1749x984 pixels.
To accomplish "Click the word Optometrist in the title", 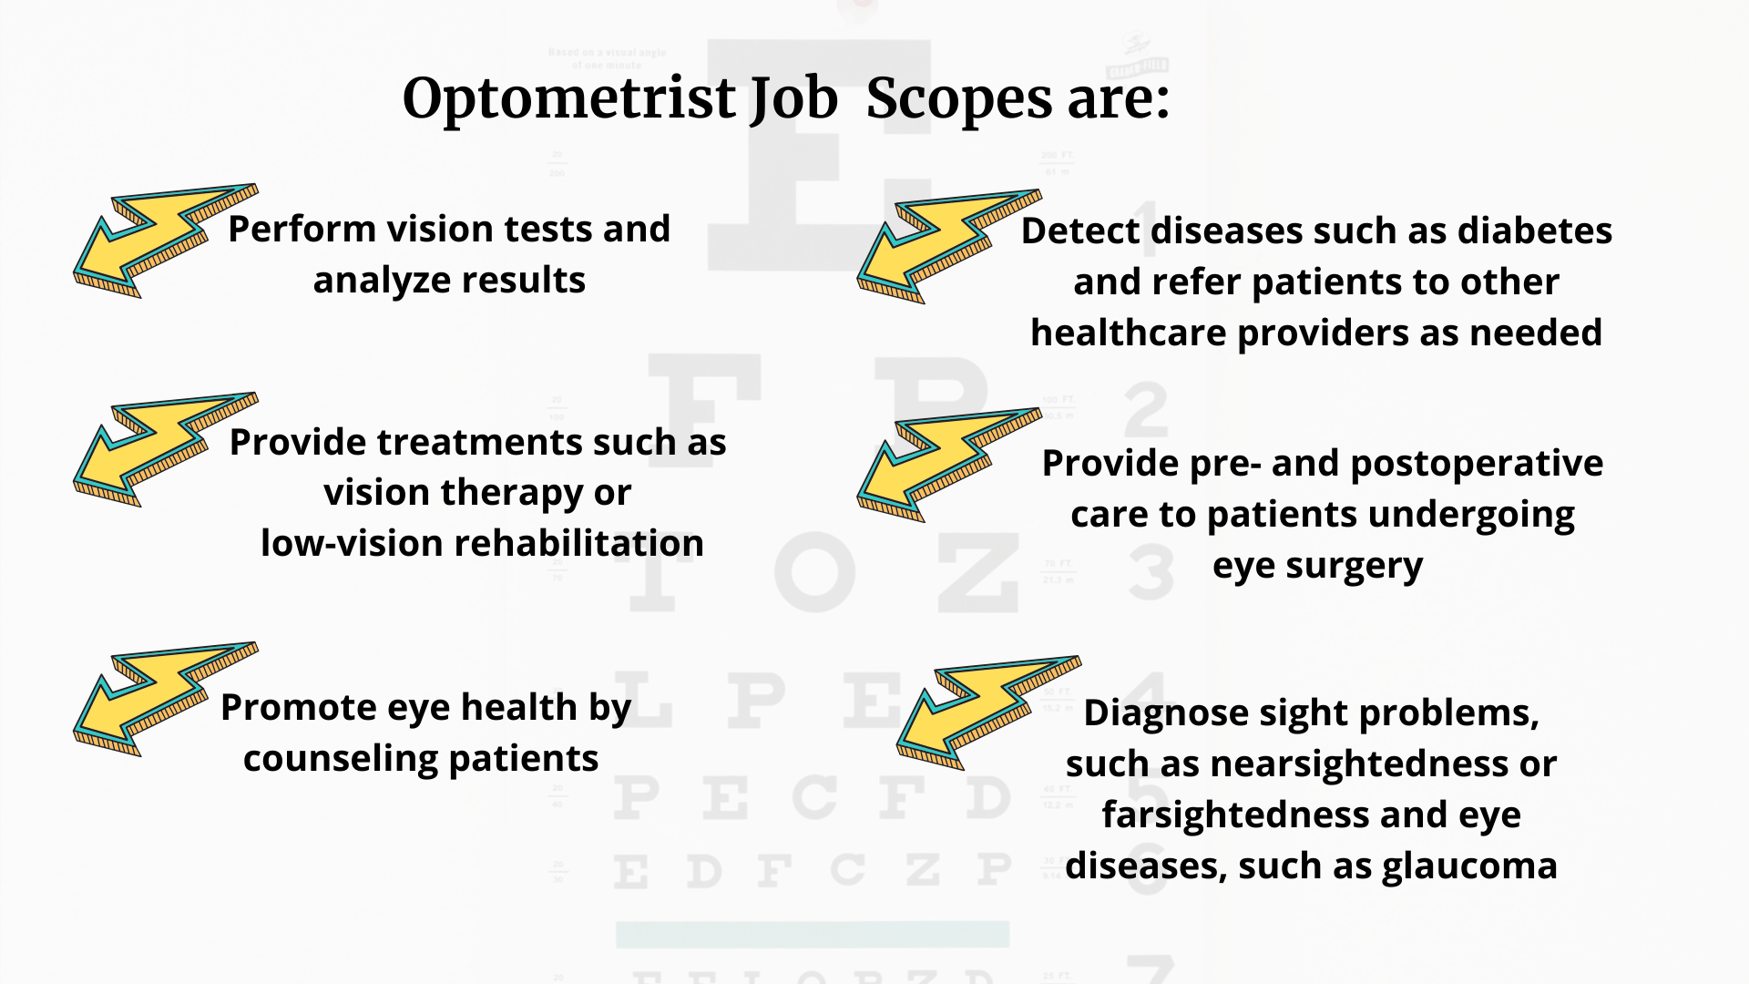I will coord(569,98).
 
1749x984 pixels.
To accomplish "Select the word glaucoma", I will coord(1469,866).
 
